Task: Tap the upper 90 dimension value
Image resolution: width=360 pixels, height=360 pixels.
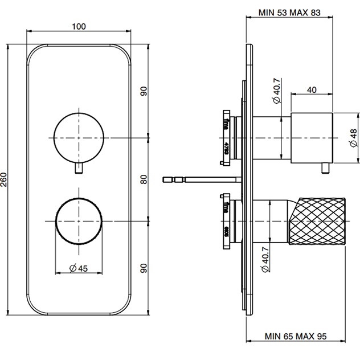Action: [144, 91]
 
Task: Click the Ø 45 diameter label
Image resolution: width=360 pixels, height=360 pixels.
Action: [78, 269]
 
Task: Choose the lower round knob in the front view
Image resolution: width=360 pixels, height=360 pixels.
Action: [78, 220]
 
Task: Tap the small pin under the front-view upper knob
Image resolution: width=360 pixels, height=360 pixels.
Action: [78, 170]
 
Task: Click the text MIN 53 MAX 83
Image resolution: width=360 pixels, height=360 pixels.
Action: [289, 13]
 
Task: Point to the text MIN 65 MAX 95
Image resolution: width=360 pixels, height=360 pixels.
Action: [289, 337]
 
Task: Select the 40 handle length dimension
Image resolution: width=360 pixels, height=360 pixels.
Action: [312, 89]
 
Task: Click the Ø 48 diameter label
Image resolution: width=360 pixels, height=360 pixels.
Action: [353, 137]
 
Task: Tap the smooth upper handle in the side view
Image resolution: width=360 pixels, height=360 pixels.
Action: [311, 137]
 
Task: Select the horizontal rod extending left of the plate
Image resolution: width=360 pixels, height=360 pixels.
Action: [199, 180]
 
